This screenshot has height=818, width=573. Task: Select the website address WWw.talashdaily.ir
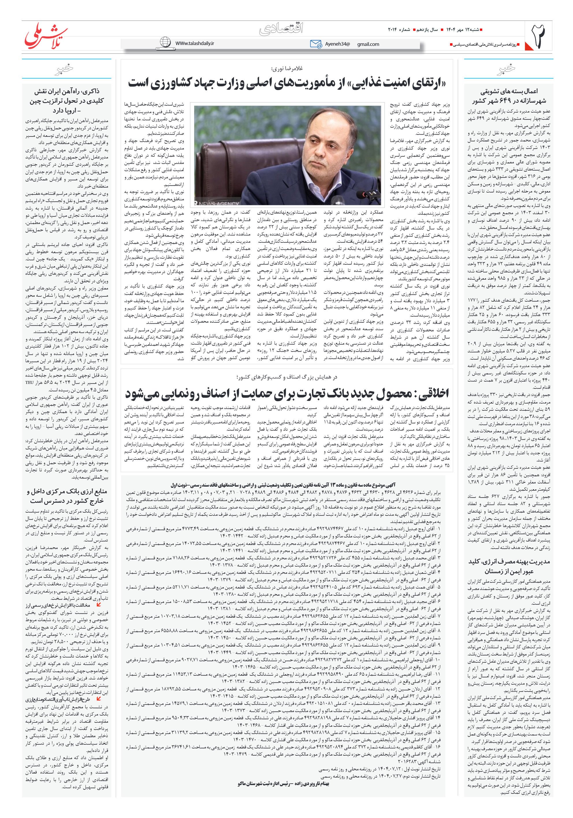(194, 43)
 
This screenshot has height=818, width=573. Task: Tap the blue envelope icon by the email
(316, 44)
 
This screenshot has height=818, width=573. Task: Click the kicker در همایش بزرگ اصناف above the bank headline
(286, 377)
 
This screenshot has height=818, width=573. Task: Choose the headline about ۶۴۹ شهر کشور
(509, 96)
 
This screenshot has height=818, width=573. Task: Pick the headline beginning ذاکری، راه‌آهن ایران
(67, 101)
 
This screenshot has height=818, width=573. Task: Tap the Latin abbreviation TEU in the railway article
(29, 382)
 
